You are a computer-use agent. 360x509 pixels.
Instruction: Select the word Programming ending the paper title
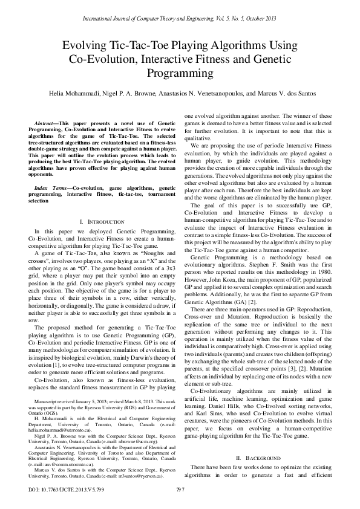pyautogui.click(x=180, y=74)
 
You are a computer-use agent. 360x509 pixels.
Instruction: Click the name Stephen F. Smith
pyautogui.click(x=286, y=238)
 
